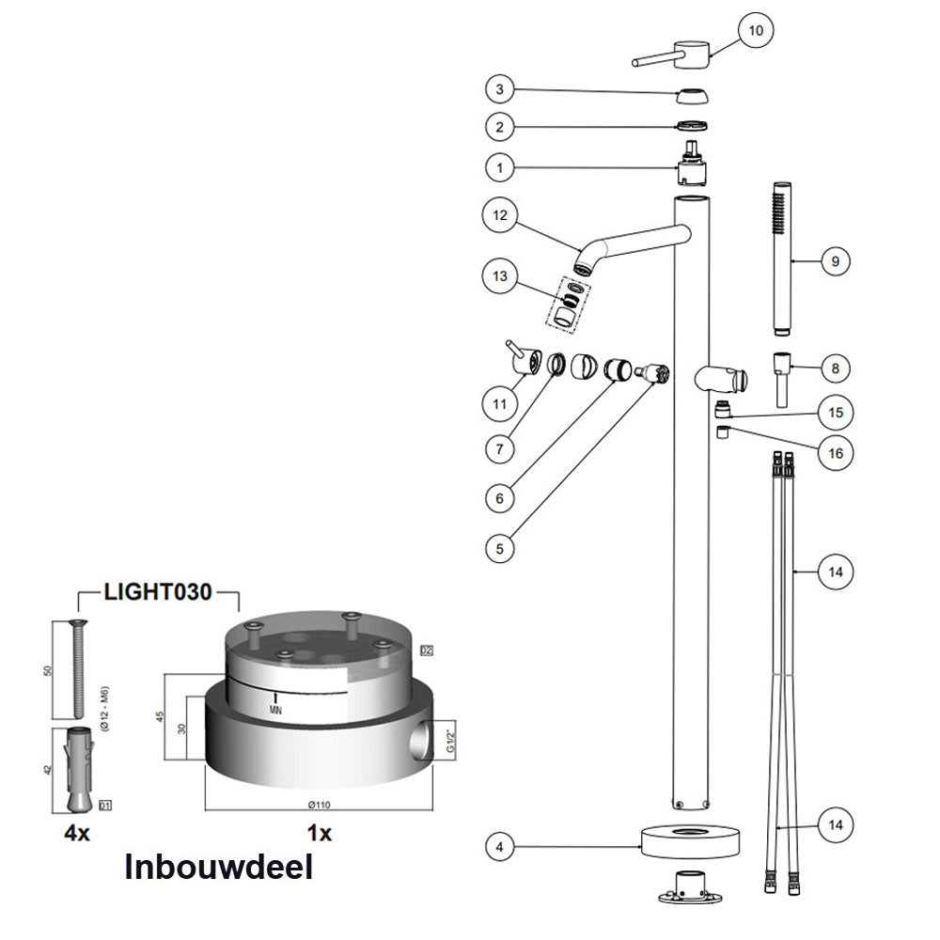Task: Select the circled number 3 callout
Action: (x=500, y=89)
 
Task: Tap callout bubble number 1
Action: (x=500, y=167)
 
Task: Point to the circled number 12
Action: (x=500, y=215)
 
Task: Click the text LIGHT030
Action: (x=159, y=592)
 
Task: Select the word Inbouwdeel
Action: (x=219, y=867)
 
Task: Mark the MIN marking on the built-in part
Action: (x=275, y=708)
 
